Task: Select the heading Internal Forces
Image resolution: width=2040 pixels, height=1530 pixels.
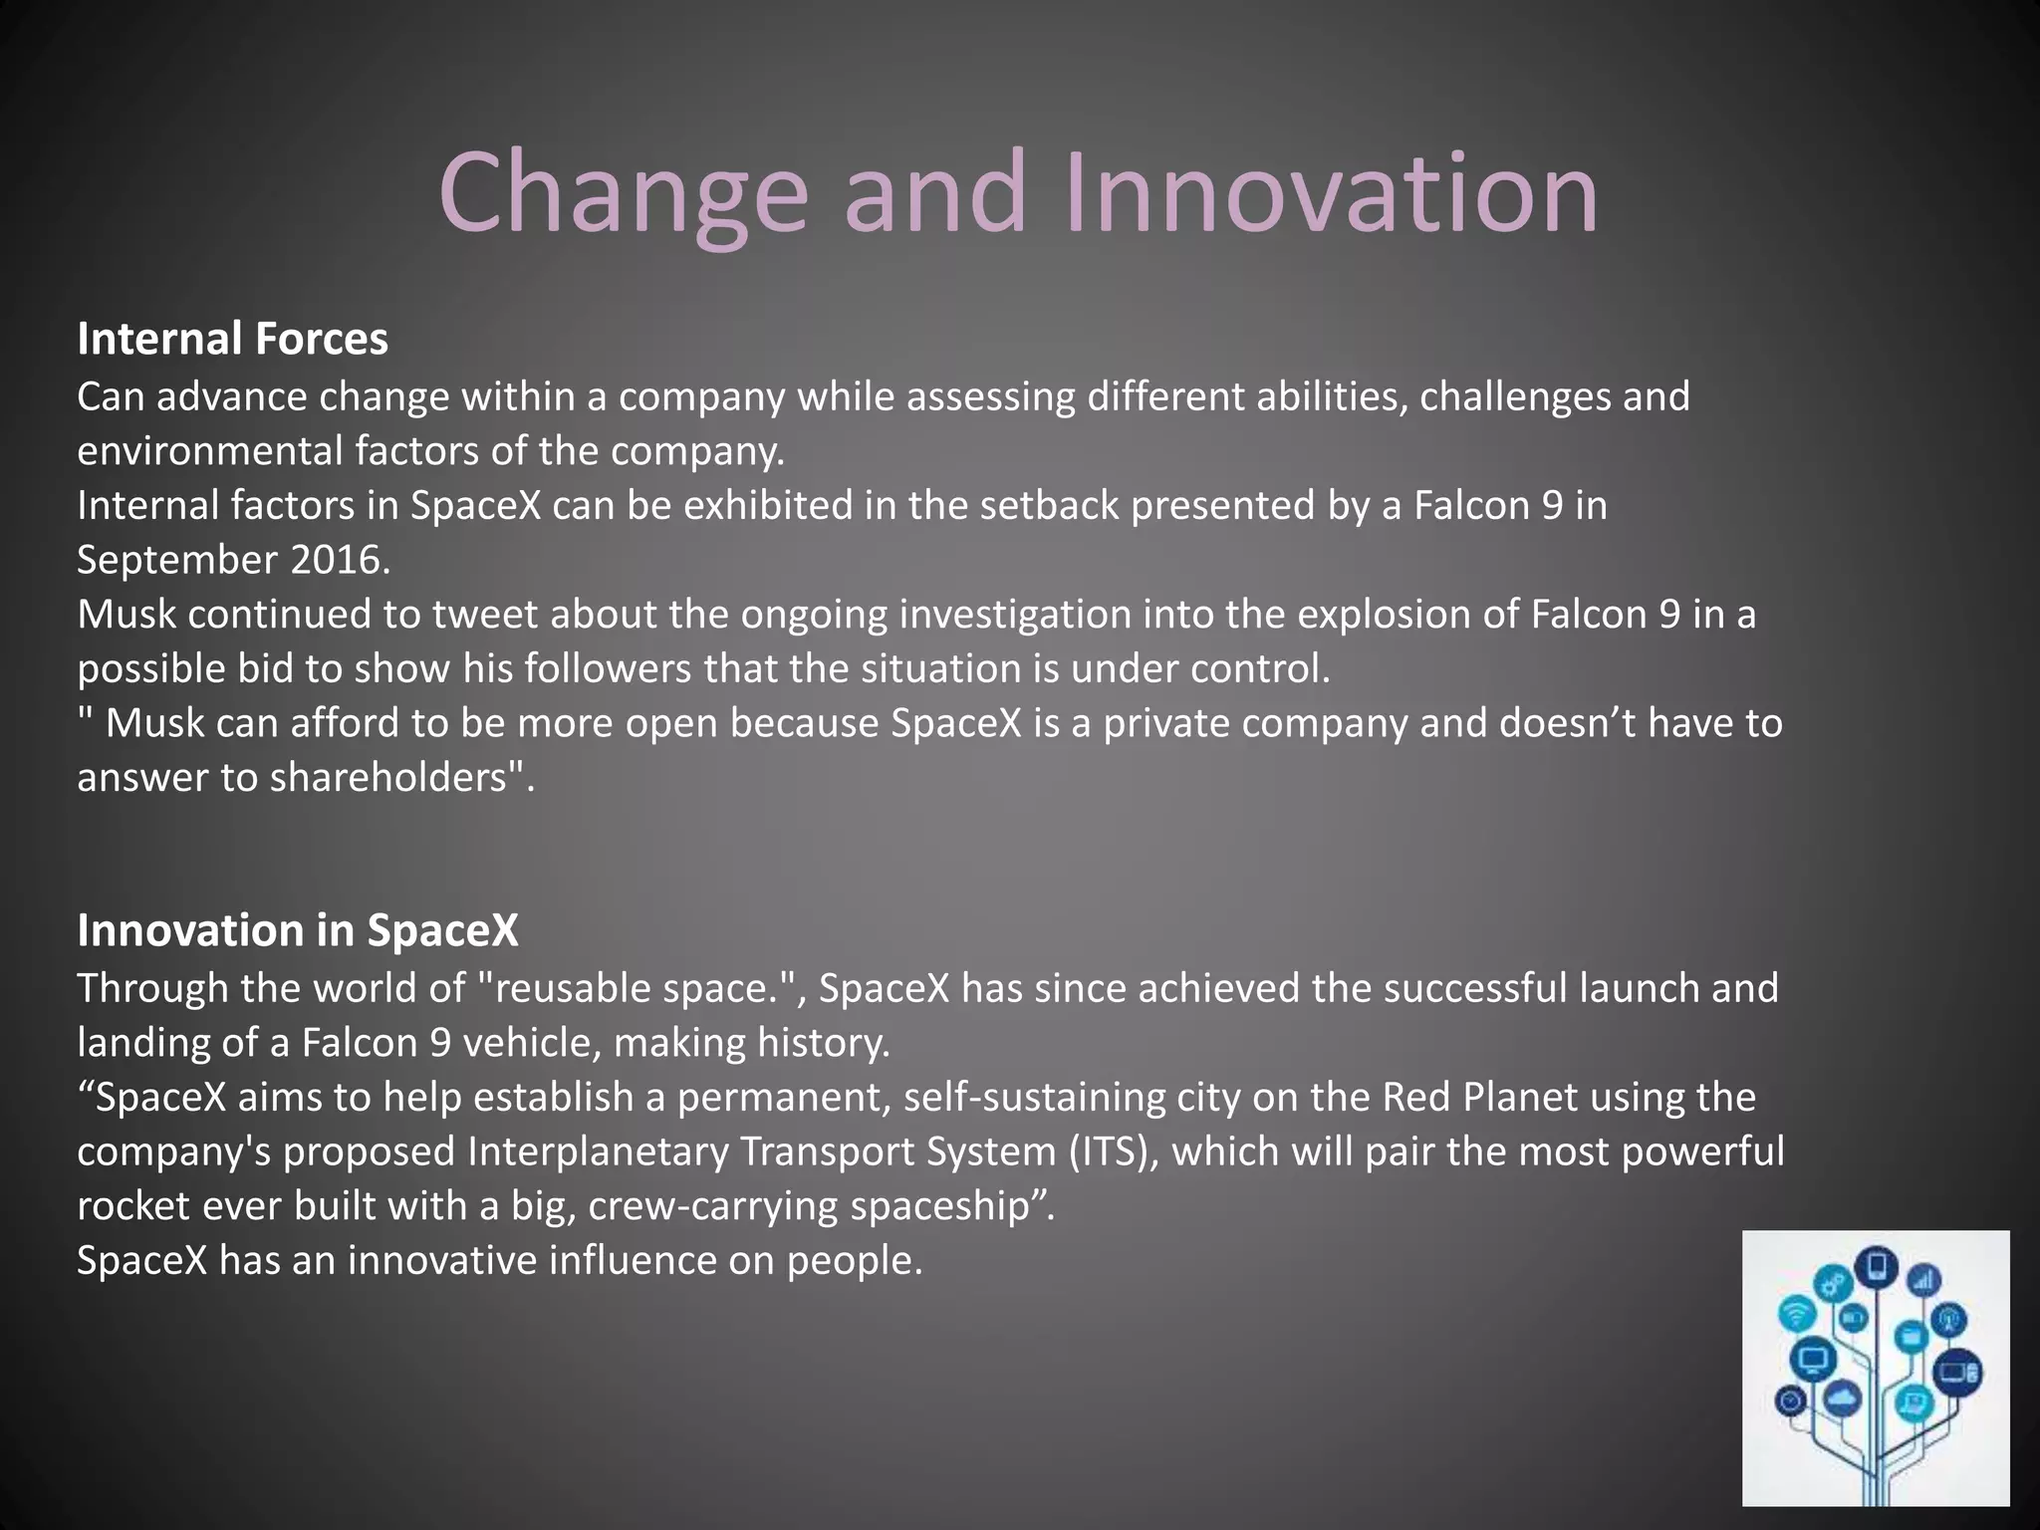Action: pos(232,339)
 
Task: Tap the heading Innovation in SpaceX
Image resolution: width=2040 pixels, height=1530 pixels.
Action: pos(298,930)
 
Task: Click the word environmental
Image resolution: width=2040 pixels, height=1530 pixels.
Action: pos(208,451)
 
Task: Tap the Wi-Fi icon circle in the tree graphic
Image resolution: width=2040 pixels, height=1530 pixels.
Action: pos(1796,1313)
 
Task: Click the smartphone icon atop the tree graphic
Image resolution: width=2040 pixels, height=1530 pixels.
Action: pos(1878,1267)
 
